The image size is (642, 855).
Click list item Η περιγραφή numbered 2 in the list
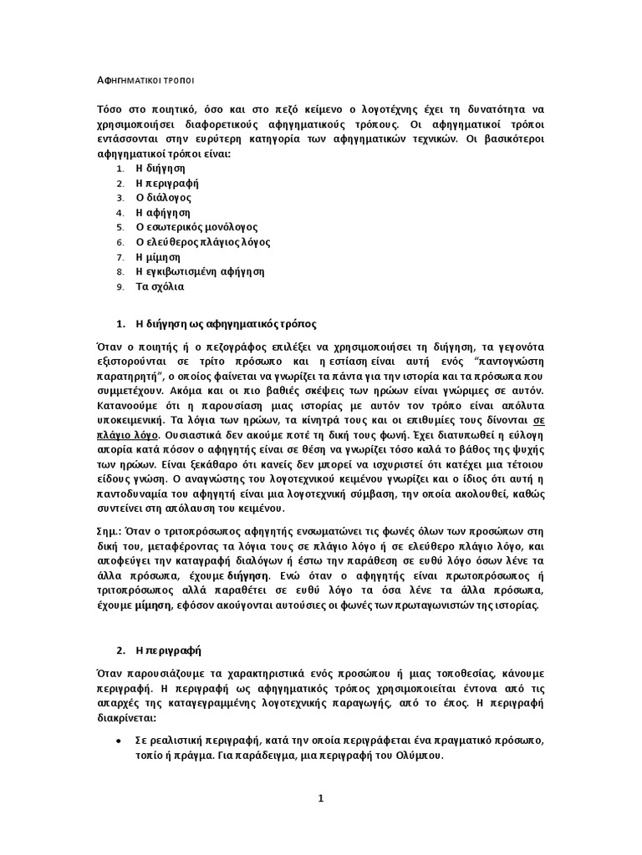coord(167,183)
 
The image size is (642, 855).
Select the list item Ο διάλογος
coord(164,198)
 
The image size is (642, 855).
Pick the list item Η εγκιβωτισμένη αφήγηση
coord(200,271)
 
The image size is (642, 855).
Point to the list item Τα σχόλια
coord(160,286)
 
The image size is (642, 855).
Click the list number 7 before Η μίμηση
coord(120,257)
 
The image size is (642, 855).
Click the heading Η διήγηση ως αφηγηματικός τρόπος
coord(226,322)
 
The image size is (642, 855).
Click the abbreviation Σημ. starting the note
coord(109,530)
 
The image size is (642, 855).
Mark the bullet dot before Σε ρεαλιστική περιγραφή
coord(120,741)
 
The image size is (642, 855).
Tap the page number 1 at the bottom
coord(320,798)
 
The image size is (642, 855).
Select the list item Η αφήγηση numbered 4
coord(163,212)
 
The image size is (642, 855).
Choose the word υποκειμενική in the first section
coord(127,421)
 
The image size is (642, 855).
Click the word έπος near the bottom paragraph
coord(501,704)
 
